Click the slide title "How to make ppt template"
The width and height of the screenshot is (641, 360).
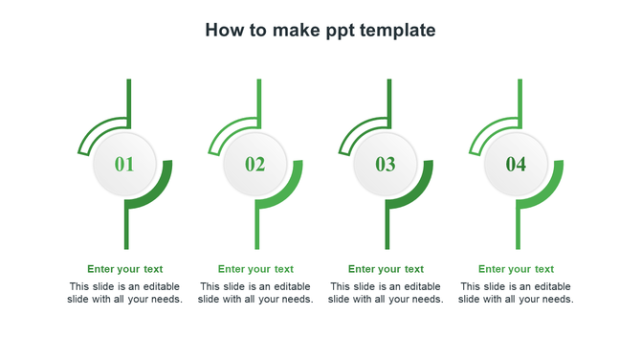point(320,31)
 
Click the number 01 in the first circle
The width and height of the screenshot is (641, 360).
point(124,165)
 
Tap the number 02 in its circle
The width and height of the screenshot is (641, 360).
point(254,165)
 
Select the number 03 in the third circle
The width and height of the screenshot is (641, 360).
point(386,165)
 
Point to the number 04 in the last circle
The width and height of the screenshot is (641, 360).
point(516,165)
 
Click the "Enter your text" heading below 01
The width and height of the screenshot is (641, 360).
point(125,269)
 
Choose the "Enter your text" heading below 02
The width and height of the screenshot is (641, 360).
point(255,269)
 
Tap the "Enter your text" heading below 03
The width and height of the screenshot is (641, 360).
point(386,269)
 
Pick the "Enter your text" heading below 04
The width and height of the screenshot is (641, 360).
point(516,269)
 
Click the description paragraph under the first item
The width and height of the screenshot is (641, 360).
point(125,293)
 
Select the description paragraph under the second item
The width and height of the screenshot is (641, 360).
point(255,293)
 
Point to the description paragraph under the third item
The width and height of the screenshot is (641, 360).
point(386,293)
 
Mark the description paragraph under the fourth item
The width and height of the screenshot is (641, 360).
point(516,293)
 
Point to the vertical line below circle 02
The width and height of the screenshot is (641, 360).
point(256,230)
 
